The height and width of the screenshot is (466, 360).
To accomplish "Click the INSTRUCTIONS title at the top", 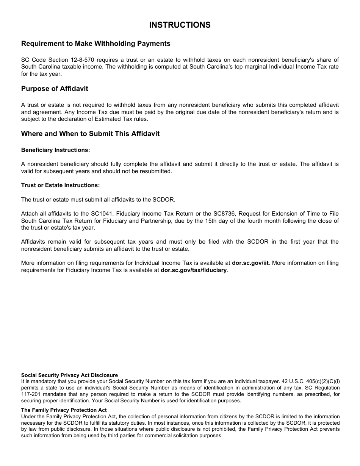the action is (x=180, y=25).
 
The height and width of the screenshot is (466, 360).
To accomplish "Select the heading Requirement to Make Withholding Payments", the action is (x=95, y=44).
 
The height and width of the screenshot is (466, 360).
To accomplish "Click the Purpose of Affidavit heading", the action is (x=55, y=89).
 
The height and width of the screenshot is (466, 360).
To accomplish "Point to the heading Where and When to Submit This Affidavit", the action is (x=90, y=134).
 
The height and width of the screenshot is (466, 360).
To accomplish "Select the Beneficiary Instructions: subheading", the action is (x=55, y=150).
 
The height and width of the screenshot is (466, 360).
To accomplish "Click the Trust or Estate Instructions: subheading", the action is (x=60, y=185).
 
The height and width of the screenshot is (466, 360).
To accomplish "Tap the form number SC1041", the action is (x=102, y=214).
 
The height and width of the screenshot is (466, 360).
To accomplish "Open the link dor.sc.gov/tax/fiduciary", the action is (x=194, y=270).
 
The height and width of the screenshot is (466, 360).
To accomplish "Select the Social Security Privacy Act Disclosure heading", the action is (x=69, y=375).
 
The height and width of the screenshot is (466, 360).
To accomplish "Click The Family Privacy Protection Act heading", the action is (x=64, y=410).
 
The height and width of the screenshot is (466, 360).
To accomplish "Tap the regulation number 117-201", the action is (x=31, y=394).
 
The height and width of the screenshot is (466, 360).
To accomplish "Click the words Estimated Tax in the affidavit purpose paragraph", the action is (x=106, y=119).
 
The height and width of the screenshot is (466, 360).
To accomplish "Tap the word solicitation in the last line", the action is (x=178, y=436).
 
